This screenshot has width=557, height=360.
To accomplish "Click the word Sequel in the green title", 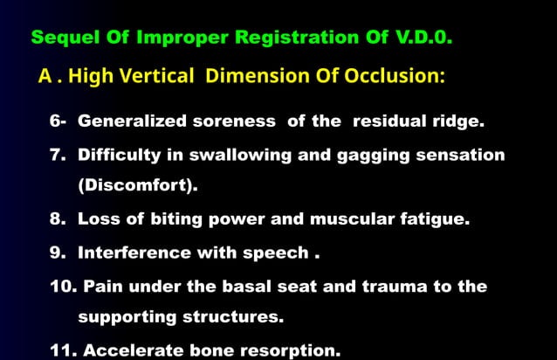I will click(x=60, y=38).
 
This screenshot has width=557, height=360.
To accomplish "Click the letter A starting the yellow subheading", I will click(x=45, y=76).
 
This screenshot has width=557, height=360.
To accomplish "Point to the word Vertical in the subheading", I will click(x=162, y=76).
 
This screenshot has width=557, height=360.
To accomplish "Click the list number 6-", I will click(x=58, y=121).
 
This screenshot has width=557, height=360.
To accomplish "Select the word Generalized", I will click(x=129, y=121).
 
